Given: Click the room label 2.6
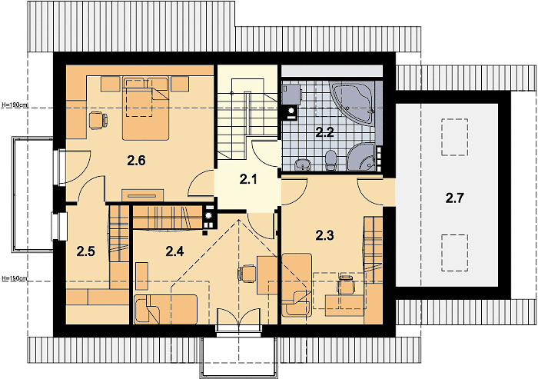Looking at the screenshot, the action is tap(136, 161).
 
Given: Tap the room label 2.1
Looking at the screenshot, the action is tap(248, 179).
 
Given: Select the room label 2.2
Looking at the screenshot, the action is tap(324, 132).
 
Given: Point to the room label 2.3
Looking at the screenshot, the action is tap(324, 235).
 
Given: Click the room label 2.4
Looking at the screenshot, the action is tap(174, 251).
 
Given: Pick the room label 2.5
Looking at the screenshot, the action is tap(85, 251).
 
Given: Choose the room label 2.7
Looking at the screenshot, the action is tap(455, 198).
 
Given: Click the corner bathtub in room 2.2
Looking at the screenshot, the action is tap(352, 101).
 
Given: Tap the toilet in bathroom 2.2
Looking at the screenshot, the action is tap(330, 161).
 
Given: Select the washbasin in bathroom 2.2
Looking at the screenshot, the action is tap(303, 165).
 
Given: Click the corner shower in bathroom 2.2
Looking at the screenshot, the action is tap(361, 157).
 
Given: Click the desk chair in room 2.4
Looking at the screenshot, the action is tap(247, 273).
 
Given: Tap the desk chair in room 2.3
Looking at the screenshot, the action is tap(346, 284).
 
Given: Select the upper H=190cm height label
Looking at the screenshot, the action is tap(15, 105).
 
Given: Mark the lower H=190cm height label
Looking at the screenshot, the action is tap(15, 278).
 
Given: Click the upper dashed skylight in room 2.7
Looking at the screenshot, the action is tap(455, 137).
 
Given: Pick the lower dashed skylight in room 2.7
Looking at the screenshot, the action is tap(455, 253).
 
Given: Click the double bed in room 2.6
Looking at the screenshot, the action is tap(146, 108).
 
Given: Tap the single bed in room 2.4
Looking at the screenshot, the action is tap(166, 309).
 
